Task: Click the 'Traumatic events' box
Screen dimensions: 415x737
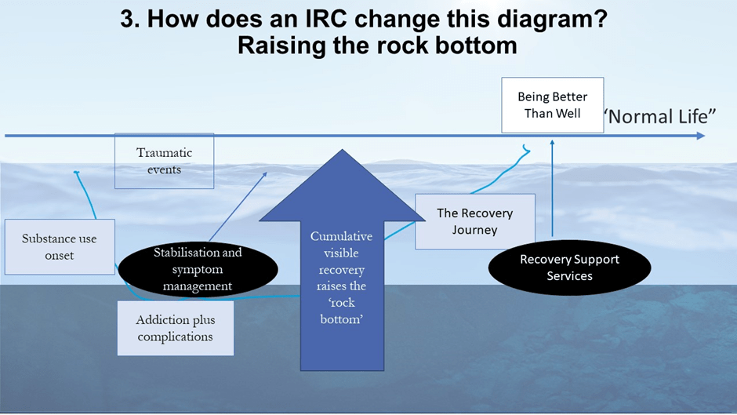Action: (164, 161)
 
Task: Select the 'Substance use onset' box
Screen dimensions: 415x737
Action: (60, 246)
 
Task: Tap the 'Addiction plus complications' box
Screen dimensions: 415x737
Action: (175, 328)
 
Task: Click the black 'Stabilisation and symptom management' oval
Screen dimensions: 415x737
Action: (198, 269)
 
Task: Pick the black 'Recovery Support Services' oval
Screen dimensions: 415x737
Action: (569, 268)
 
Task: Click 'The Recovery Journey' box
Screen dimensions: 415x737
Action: (474, 221)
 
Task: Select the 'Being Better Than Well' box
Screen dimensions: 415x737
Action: (552, 105)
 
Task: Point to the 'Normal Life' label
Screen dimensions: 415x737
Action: (660, 117)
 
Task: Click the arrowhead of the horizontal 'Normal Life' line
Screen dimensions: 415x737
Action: (699, 136)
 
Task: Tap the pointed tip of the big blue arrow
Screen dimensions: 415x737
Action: (341, 151)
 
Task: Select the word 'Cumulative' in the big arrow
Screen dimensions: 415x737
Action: (341, 236)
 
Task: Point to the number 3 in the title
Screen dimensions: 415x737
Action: (127, 19)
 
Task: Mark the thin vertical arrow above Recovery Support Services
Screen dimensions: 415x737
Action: (552, 188)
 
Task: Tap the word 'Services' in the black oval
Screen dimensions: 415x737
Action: (569, 276)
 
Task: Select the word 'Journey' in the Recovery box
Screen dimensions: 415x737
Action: (474, 230)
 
